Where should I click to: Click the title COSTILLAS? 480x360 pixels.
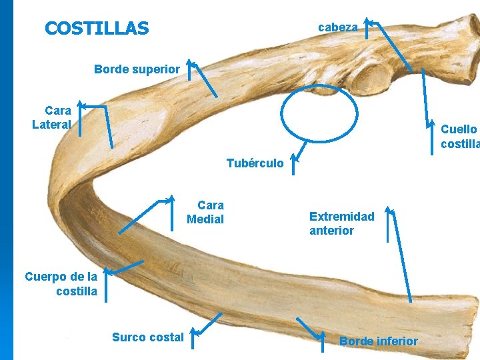(x=97, y=29)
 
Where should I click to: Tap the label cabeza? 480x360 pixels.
(x=338, y=27)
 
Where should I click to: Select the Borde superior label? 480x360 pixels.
(x=137, y=69)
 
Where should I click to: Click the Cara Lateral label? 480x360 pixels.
(x=53, y=117)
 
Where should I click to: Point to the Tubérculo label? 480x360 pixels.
(x=255, y=163)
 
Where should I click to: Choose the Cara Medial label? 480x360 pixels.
(x=206, y=212)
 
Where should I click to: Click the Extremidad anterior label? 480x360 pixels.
(x=342, y=223)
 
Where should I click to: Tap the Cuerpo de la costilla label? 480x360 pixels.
(x=61, y=283)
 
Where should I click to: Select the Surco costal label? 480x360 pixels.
(x=148, y=337)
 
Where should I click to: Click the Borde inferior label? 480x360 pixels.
(x=379, y=341)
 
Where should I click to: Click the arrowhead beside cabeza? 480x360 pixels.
(x=368, y=23)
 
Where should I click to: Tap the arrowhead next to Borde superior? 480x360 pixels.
(x=190, y=63)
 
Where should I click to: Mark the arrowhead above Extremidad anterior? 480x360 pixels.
(x=391, y=213)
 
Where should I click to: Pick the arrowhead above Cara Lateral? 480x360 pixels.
(x=80, y=104)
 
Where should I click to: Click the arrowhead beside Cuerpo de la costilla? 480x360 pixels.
(x=106, y=272)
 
